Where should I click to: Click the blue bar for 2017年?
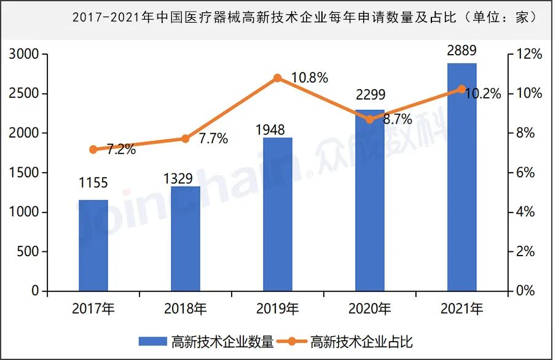(93, 246)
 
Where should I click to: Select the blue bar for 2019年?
(278, 215)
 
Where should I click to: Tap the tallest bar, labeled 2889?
(462, 178)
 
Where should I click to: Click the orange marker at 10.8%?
(277, 78)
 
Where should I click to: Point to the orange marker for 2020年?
(369, 119)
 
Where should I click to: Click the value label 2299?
(370, 95)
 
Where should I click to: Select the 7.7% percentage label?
(213, 139)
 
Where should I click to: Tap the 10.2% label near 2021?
(483, 94)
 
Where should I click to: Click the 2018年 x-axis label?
(186, 308)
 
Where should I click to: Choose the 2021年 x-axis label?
(462, 308)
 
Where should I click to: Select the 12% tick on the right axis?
(529, 55)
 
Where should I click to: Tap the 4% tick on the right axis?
(527, 213)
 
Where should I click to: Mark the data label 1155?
(93, 182)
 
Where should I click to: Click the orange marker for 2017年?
(93, 149)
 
